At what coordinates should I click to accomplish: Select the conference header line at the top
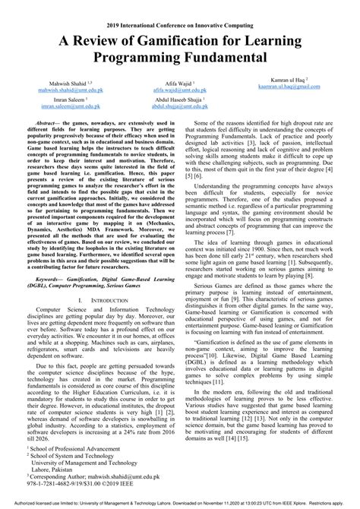pyautogui.click(x=179, y=6)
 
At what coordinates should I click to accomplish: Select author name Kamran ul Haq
pyautogui.click(x=295, y=79)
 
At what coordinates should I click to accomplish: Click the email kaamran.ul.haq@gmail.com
pyautogui.click(x=295, y=87)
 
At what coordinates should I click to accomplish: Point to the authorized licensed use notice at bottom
pyautogui.click(x=179, y=504)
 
